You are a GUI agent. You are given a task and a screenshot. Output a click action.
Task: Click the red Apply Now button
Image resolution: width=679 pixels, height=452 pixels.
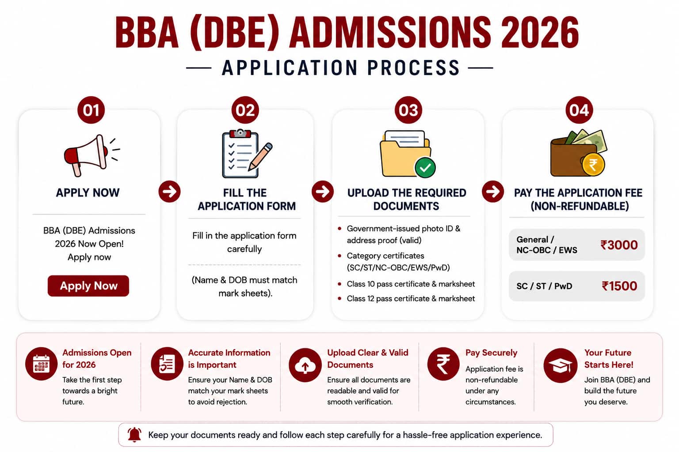tap(88, 286)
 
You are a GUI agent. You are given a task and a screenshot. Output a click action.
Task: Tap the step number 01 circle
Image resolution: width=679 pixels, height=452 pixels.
tap(91, 110)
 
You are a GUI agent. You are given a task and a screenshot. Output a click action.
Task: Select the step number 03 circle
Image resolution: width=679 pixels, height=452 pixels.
tap(408, 110)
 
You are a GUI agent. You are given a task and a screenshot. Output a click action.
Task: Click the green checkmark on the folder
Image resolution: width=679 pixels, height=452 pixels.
tap(425, 167)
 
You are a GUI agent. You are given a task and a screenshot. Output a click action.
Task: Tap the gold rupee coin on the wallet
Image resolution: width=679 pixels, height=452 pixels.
tap(593, 165)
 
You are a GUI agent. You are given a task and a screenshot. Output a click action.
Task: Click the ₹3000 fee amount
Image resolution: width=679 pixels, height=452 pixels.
tap(619, 245)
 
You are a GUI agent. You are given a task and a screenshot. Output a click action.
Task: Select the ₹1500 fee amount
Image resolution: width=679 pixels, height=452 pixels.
tap(619, 286)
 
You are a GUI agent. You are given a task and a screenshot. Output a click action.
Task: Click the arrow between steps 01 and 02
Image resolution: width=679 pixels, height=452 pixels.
tap(169, 192)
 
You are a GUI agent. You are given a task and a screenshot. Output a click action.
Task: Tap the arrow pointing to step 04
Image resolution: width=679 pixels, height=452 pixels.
tap(493, 192)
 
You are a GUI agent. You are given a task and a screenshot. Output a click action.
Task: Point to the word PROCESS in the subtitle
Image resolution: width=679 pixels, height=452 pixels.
tap(414, 68)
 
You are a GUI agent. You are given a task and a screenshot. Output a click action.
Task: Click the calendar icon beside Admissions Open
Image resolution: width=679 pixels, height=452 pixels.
tap(41, 364)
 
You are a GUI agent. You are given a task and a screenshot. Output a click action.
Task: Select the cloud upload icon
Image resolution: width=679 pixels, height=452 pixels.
tap(305, 365)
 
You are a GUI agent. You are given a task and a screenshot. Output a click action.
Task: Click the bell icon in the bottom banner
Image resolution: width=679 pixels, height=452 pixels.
tap(134, 435)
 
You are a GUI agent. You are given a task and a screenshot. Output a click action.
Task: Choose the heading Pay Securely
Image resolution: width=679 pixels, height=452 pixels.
tap(492, 353)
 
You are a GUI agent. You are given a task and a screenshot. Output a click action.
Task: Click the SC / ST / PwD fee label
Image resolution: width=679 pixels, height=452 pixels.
tap(545, 286)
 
